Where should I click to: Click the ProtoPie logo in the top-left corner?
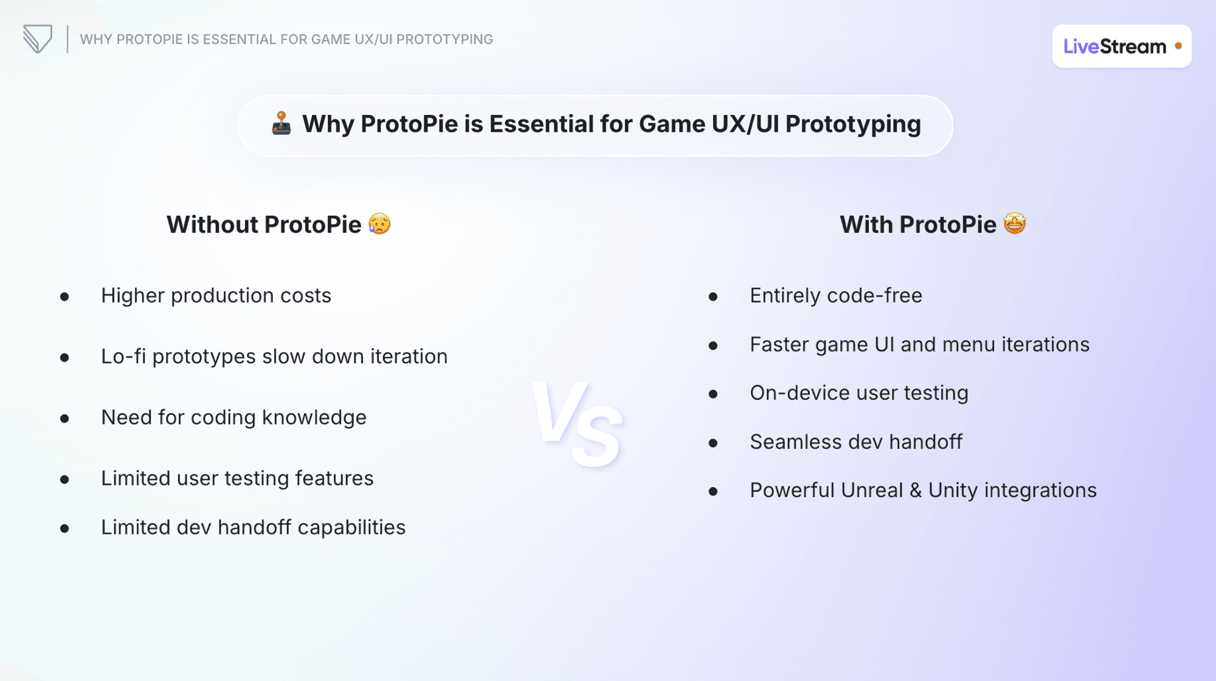(38, 39)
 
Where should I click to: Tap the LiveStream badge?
(1121, 46)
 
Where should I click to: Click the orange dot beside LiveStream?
(1178, 46)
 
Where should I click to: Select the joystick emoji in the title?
(281, 123)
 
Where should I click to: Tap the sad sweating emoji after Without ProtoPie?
(379, 224)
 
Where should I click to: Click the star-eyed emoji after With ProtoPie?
(1015, 224)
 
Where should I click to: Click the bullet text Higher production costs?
(216, 296)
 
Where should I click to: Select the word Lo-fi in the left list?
(123, 357)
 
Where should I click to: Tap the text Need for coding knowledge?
(233, 418)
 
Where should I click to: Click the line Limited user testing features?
(237, 479)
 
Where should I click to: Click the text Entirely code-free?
(835, 296)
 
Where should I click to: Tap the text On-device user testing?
(858, 394)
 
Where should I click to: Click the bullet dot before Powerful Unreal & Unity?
(713, 491)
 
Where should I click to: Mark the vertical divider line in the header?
(67, 39)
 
